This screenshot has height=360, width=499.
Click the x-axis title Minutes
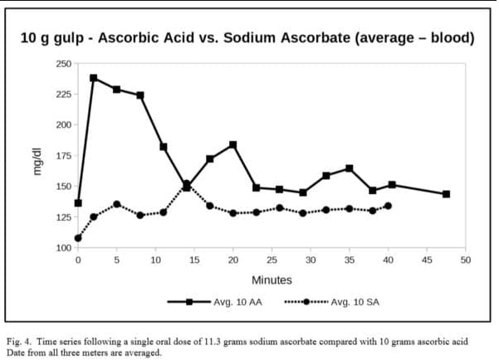(271, 280)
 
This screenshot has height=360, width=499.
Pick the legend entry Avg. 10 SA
(355, 302)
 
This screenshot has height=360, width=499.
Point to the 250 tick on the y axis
(63, 64)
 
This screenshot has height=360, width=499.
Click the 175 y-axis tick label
(63, 156)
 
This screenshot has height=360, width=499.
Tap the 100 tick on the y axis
(63, 248)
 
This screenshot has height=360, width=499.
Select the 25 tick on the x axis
(272, 260)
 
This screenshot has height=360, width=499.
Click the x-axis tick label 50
(465, 260)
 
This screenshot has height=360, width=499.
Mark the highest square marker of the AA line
(94, 78)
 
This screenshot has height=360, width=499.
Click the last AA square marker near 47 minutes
(446, 194)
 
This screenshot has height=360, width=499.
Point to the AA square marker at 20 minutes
(233, 144)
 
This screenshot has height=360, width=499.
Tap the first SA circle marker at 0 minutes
(78, 238)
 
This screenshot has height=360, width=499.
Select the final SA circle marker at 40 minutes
(388, 206)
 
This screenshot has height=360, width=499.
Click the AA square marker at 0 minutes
(78, 203)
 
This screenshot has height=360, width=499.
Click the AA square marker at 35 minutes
(350, 168)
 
